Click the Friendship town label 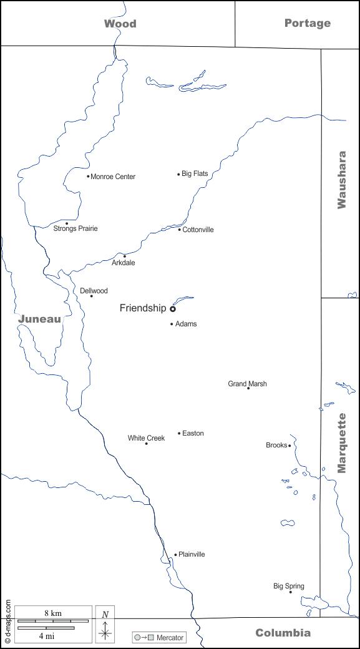(x=143, y=308)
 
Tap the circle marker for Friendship (x=173, y=308)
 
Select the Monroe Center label (x=113, y=177)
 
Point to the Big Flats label (x=195, y=173)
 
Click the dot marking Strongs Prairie (x=67, y=223)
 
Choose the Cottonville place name (x=198, y=230)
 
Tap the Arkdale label (x=123, y=263)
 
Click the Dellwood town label (x=94, y=291)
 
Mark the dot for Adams (x=172, y=324)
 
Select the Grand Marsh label (x=247, y=384)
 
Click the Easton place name (x=193, y=433)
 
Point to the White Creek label (x=146, y=438)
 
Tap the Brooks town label (x=276, y=445)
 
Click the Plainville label (x=192, y=554)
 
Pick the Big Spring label (x=289, y=586)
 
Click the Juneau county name (x=39, y=319)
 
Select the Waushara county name (x=341, y=179)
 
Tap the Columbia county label (x=283, y=633)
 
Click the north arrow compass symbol (x=105, y=624)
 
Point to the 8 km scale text (x=52, y=613)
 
